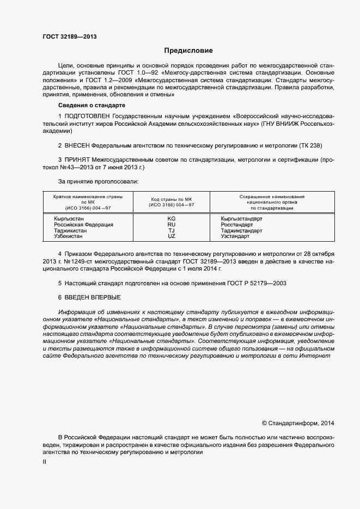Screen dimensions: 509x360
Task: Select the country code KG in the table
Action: point(171,218)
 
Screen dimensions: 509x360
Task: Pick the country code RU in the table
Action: point(171,224)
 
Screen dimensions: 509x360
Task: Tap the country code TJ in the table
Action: point(171,230)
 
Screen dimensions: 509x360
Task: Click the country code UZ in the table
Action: point(171,236)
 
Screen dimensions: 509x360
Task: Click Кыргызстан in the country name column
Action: point(69,218)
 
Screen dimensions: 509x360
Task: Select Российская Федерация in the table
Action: point(83,224)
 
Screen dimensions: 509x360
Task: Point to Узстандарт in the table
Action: point(235,236)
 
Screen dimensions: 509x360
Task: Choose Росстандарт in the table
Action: point(236,224)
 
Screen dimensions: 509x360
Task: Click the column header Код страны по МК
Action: point(171,199)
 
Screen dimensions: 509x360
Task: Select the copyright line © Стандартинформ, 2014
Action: point(298,422)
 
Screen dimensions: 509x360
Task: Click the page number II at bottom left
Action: point(45,462)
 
